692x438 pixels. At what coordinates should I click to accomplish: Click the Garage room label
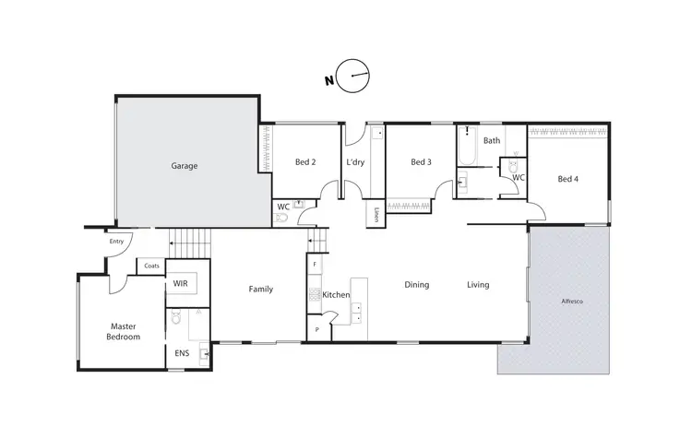[185, 166]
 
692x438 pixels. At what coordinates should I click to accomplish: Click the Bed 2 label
[305, 162]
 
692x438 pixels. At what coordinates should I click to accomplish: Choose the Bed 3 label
[421, 162]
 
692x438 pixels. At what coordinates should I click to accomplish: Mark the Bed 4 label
[568, 179]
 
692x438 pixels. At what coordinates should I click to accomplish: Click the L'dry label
[356, 162]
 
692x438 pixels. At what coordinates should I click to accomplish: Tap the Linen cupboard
[378, 216]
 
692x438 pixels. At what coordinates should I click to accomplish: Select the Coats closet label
[151, 266]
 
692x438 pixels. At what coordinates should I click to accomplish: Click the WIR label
[181, 285]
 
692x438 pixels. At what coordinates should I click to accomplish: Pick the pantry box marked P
[316, 329]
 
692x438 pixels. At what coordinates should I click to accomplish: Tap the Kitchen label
[336, 295]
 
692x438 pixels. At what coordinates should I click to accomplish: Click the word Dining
[417, 285]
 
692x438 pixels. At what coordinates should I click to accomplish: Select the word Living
[477, 285]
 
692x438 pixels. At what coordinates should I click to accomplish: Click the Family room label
[260, 290]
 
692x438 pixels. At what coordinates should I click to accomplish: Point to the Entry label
[116, 242]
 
